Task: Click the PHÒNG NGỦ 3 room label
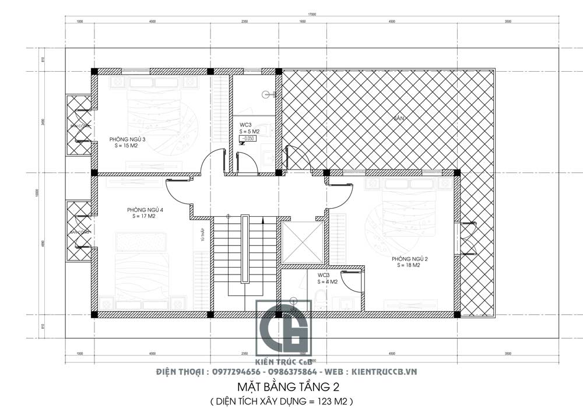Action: tap(128, 139)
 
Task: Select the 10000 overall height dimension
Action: tap(36, 192)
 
